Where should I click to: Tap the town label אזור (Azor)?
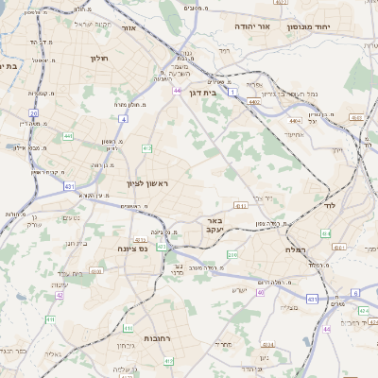pyautogui.click(x=129, y=28)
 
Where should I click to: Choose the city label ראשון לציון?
pyautogui.click(x=146, y=182)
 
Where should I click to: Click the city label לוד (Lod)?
pyautogui.click(x=329, y=205)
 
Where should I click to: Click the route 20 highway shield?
pyautogui.click(x=33, y=113)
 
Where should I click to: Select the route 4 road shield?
pyautogui.click(x=123, y=119)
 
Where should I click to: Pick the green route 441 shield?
pyautogui.click(x=68, y=137)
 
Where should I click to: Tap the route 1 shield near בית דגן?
pyautogui.click(x=233, y=93)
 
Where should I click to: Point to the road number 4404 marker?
pyautogui.click(x=296, y=121)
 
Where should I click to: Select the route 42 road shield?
pyautogui.click(x=60, y=296)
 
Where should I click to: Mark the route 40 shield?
pyautogui.click(x=260, y=293)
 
